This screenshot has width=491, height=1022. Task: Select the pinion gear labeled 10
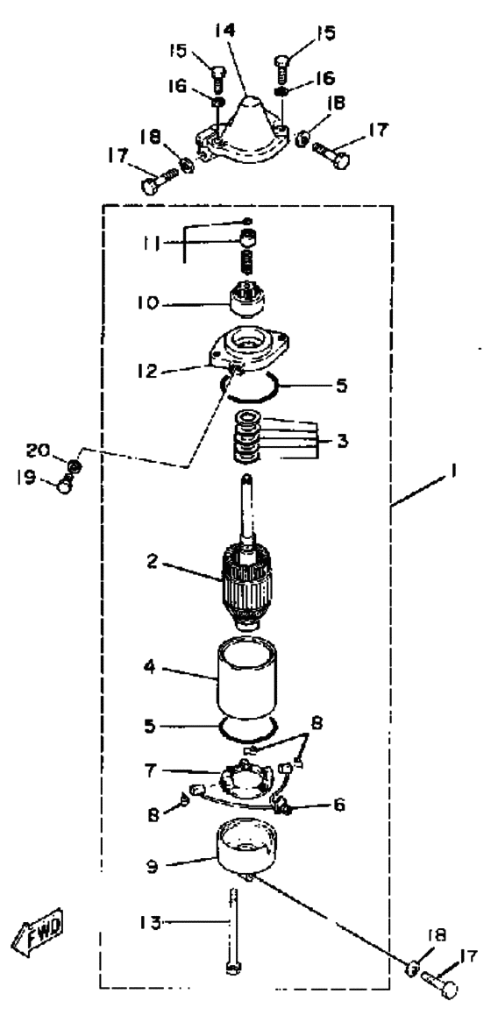(x=248, y=299)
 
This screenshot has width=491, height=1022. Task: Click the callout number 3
(x=343, y=441)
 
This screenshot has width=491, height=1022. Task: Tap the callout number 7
(x=150, y=770)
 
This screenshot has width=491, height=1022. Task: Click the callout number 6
(x=339, y=805)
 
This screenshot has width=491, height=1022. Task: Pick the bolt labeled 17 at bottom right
(x=439, y=983)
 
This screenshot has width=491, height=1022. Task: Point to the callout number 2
(x=152, y=559)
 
